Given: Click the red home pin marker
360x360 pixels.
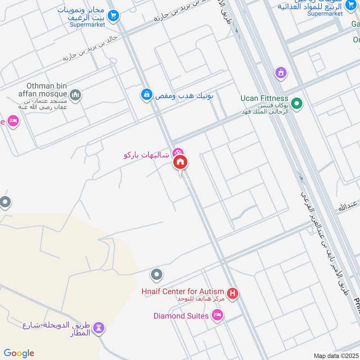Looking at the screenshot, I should coord(180,162).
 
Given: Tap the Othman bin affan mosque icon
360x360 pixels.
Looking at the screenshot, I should coord(75,95).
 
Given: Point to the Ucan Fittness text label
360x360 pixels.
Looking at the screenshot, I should coord(264,98).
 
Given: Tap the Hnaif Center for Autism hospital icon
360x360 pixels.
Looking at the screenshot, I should coord(233,294).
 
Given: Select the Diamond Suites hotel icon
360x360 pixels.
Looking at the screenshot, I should coord(217,315).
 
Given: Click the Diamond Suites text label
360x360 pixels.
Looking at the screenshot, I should coord(181,316).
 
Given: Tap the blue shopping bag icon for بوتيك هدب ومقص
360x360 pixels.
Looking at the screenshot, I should coord(146,94).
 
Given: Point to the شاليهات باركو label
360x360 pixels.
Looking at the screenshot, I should coord(146,155).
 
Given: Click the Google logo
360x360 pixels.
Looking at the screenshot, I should coord(19,353).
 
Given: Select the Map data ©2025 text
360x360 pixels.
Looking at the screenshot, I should coord(335,356).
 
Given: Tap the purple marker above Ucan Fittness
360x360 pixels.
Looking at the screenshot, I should coord(281,72).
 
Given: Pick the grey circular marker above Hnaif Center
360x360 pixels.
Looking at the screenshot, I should coord(157,274).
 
